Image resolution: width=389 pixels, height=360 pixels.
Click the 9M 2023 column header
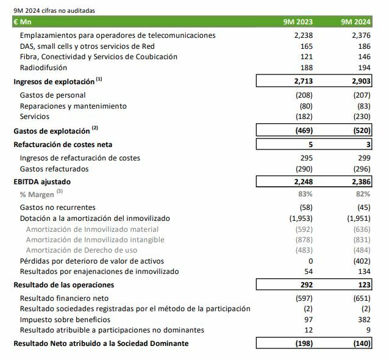(x=298, y=23)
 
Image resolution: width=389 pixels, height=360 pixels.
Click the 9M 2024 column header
(x=356, y=23)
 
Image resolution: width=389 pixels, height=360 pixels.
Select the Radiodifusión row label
(x=43, y=68)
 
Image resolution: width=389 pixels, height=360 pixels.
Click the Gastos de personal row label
(x=52, y=95)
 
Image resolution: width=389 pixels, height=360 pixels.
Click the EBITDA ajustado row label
(x=42, y=181)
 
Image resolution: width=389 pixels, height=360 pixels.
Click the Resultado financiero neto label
(x=64, y=298)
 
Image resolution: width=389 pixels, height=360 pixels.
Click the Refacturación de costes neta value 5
(x=310, y=145)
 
